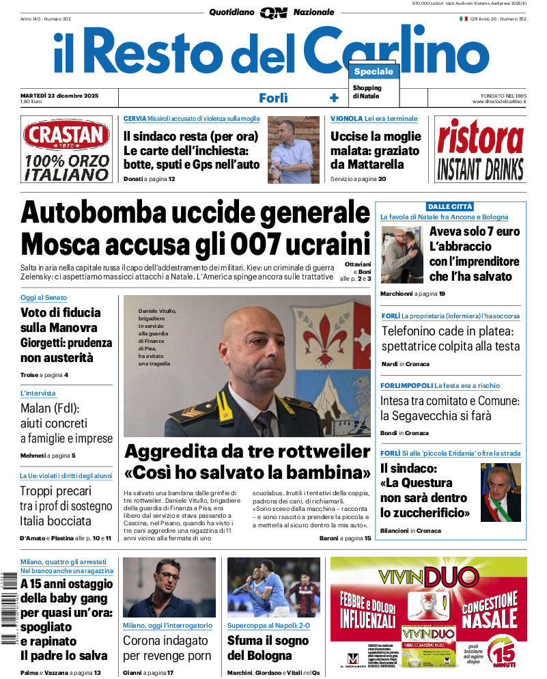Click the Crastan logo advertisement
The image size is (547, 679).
coord(66,150)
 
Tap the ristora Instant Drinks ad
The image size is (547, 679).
coord(479,150)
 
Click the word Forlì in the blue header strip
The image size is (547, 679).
coord(273,98)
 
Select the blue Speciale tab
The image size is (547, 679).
coord(374,72)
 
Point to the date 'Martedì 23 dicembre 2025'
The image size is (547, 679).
coord(59,95)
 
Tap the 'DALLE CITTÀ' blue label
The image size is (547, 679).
coord(450,206)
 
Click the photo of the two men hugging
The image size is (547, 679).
coord(402,255)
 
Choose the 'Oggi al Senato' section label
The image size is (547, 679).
coord(44,298)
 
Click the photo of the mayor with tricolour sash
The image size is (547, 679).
coord(501,492)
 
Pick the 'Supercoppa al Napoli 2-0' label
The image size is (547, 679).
coord(268,625)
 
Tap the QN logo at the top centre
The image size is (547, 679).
coord(273,12)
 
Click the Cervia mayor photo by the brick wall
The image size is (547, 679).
coord(293,150)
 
